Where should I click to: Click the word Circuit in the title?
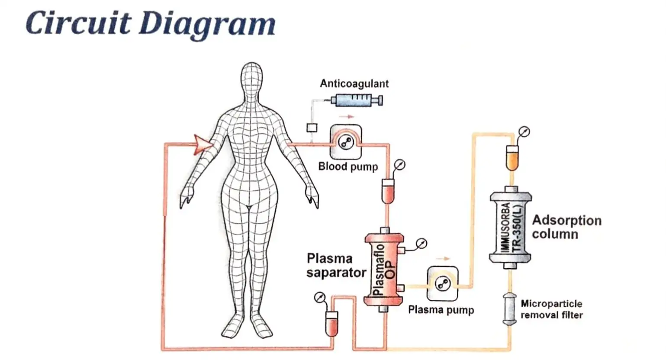point(78,22)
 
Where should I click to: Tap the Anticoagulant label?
point(354,84)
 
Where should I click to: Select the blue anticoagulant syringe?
point(357,100)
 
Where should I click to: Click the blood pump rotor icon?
point(346,142)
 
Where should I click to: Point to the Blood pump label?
point(348,167)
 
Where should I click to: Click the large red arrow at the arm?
point(203,145)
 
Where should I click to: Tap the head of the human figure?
point(251,77)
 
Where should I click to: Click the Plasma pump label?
point(441,310)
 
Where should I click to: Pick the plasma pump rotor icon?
point(442,284)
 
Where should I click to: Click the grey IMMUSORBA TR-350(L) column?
point(511,228)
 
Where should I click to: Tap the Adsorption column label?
point(567,227)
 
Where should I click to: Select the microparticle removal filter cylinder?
point(510,309)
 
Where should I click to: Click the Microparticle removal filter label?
point(552,309)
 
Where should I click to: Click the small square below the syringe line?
point(312,128)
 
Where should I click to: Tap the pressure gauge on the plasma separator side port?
point(421,244)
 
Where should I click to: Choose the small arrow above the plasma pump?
point(443,259)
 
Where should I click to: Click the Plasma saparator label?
point(336,266)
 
